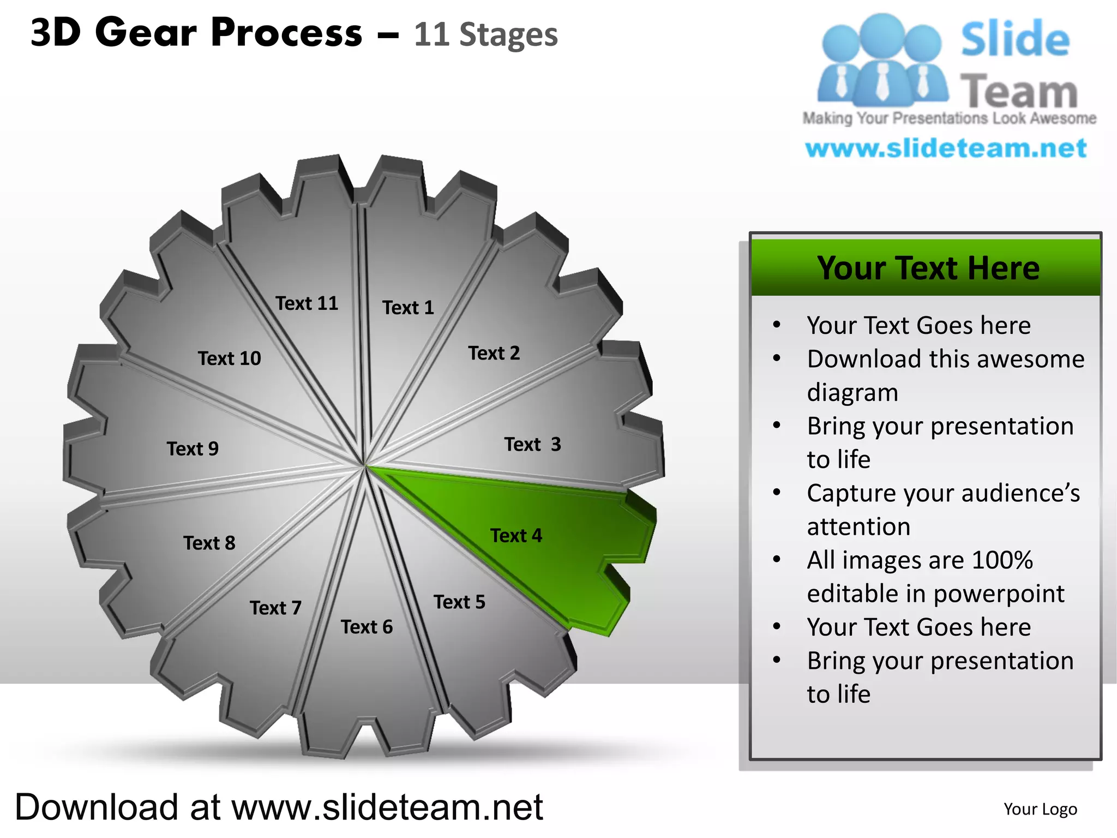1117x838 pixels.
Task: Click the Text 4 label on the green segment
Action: tap(516, 536)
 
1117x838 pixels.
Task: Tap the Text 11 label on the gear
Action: tap(307, 303)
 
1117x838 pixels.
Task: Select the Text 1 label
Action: tap(408, 308)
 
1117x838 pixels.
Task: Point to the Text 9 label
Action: tap(193, 449)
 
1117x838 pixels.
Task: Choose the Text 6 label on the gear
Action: tap(367, 627)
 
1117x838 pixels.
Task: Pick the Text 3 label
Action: tap(532, 445)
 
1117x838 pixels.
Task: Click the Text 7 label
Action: tap(275, 608)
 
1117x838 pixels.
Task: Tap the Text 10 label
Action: tap(229, 358)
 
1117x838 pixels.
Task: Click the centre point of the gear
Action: tap(364, 466)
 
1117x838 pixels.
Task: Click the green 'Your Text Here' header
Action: tap(928, 268)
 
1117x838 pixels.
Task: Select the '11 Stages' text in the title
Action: tap(485, 35)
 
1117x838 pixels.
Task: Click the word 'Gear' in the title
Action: tap(146, 33)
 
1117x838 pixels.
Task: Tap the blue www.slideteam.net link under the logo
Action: tap(946, 148)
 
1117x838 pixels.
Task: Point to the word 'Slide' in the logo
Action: tap(1015, 39)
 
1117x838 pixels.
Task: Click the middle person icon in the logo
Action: tap(881, 60)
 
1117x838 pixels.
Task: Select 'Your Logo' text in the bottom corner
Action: tap(1040, 809)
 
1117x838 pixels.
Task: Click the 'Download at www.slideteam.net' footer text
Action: tap(279, 807)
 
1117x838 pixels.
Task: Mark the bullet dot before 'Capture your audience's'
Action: tap(777, 492)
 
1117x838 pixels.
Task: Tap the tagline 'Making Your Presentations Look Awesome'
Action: tap(949, 118)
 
